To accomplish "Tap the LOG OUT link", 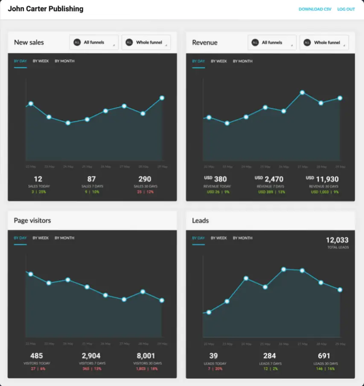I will pyautogui.click(x=346, y=9).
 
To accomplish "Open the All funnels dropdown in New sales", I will pyautogui.click(x=94, y=43).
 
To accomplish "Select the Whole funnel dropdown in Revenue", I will pyautogui.click(x=324, y=43).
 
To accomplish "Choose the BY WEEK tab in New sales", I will pyautogui.click(x=41, y=61).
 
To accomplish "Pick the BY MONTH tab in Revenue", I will pyautogui.click(x=242, y=61).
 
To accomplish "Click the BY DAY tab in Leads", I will pyautogui.click(x=198, y=238).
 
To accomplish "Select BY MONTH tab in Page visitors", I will pyautogui.click(x=64, y=238).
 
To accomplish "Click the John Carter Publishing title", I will pyautogui.click(x=46, y=9).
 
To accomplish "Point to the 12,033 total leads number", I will pyautogui.click(x=337, y=240).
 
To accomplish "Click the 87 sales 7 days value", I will pyautogui.click(x=91, y=179).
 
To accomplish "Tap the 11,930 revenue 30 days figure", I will pyautogui.click(x=326, y=179).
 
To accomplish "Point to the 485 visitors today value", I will pyautogui.click(x=37, y=356).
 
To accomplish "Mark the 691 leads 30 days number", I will pyautogui.click(x=324, y=356).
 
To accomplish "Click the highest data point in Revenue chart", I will pyautogui.click(x=302, y=92).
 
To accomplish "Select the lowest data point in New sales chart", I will pyautogui.click(x=68, y=123).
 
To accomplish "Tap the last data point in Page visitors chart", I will pyautogui.click(x=162, y=300).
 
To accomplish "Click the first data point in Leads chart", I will pyautogui.click(x=209, y=312).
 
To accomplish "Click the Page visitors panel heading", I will pyautogui.click(x=32, y=220).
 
